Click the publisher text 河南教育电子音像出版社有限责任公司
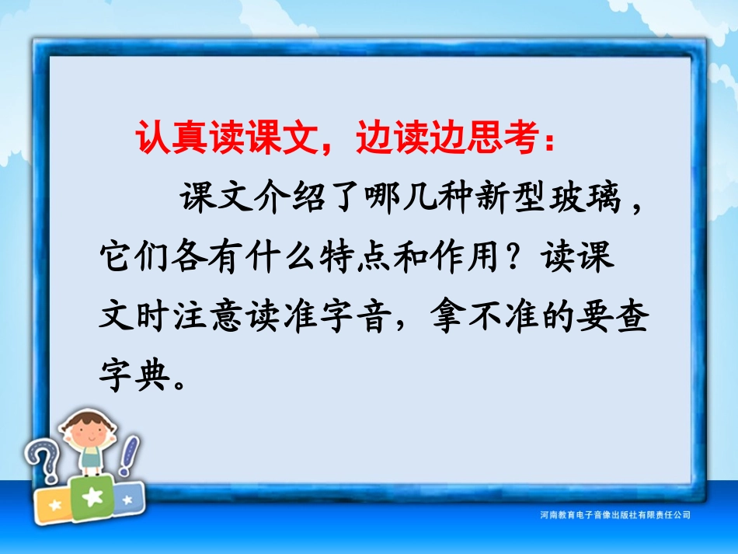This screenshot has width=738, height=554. (614, 515)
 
